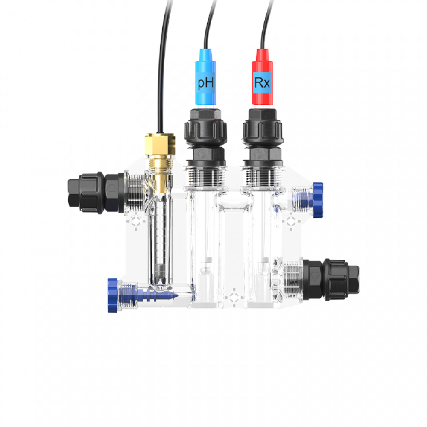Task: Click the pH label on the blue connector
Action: [206, 83]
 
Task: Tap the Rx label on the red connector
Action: [262, 82]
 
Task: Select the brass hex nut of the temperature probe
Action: [160, 144]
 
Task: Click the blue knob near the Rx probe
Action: [318, 200]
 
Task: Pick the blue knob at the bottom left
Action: [112, 295]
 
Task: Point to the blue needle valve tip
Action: [174, 296]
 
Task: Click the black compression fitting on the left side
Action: [96, 192]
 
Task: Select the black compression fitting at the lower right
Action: [331, 279]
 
